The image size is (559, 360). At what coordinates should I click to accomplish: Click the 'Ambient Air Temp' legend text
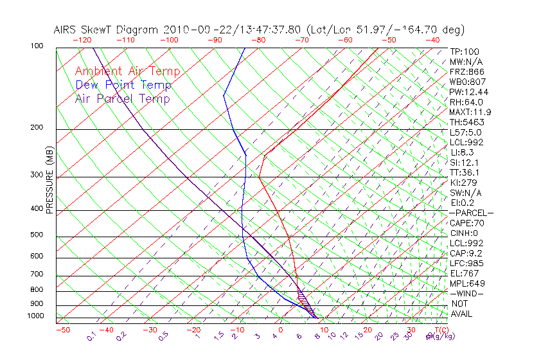point(127,72)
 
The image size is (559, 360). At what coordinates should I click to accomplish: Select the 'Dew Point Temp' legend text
point(123,85)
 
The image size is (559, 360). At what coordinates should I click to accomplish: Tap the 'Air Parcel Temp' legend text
point(123,99)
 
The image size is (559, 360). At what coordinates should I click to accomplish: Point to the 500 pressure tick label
point(36,235)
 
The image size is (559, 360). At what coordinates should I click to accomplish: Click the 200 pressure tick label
point(36,128)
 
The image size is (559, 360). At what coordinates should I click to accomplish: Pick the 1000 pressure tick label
point(35,316)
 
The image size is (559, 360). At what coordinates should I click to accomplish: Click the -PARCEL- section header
point(471,213)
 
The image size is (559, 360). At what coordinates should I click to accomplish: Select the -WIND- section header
point(467,293)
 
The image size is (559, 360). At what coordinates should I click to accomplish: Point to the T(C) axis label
point(439,330)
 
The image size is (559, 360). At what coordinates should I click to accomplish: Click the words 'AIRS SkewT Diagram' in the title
point(107,30)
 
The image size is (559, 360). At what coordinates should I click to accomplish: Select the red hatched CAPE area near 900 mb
point(303,298)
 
